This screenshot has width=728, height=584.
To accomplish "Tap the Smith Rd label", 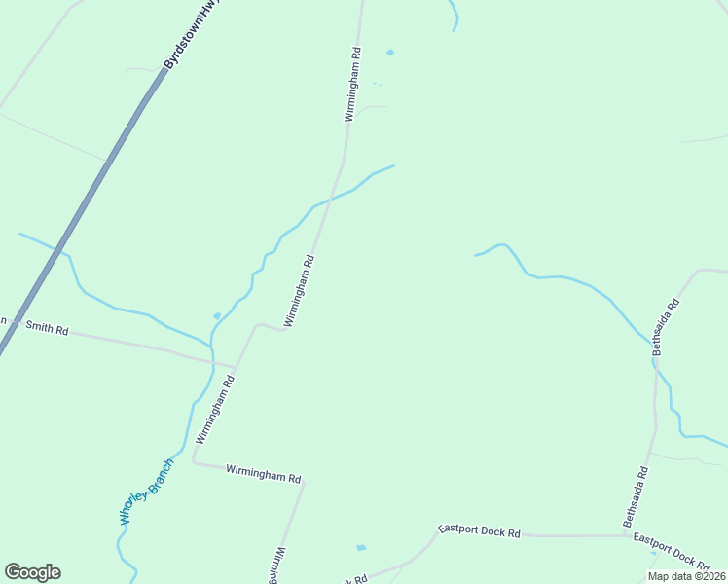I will click(x=47, y=330).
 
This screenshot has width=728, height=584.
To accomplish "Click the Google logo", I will click(x=32, y=572).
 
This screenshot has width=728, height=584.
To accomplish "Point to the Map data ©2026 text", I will click(x=686, y=576).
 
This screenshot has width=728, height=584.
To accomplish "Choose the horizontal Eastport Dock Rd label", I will click(x=479, y=531).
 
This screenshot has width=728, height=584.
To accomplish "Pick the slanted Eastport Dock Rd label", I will click(x=671, y=550).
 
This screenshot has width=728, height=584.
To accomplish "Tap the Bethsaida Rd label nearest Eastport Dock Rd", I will click(x=636, y=497).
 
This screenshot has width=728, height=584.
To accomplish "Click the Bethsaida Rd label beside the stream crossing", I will click(x=665, y=326).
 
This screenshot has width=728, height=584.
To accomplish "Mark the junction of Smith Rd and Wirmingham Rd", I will click(x=236, y=366).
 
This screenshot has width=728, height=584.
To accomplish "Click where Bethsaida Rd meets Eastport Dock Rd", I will click(x=624, y=535).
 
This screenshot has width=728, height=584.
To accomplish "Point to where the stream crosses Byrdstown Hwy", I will click(x=62, y=253).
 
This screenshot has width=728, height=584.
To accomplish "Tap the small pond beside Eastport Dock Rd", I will click(x=361, y=548).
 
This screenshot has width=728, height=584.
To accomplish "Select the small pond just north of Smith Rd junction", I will click(x=216, y=315).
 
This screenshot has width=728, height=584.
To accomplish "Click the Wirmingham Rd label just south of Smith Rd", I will click(x=215, y=412).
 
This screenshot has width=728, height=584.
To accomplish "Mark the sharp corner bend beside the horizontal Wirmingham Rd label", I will click(x=193, y=462).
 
